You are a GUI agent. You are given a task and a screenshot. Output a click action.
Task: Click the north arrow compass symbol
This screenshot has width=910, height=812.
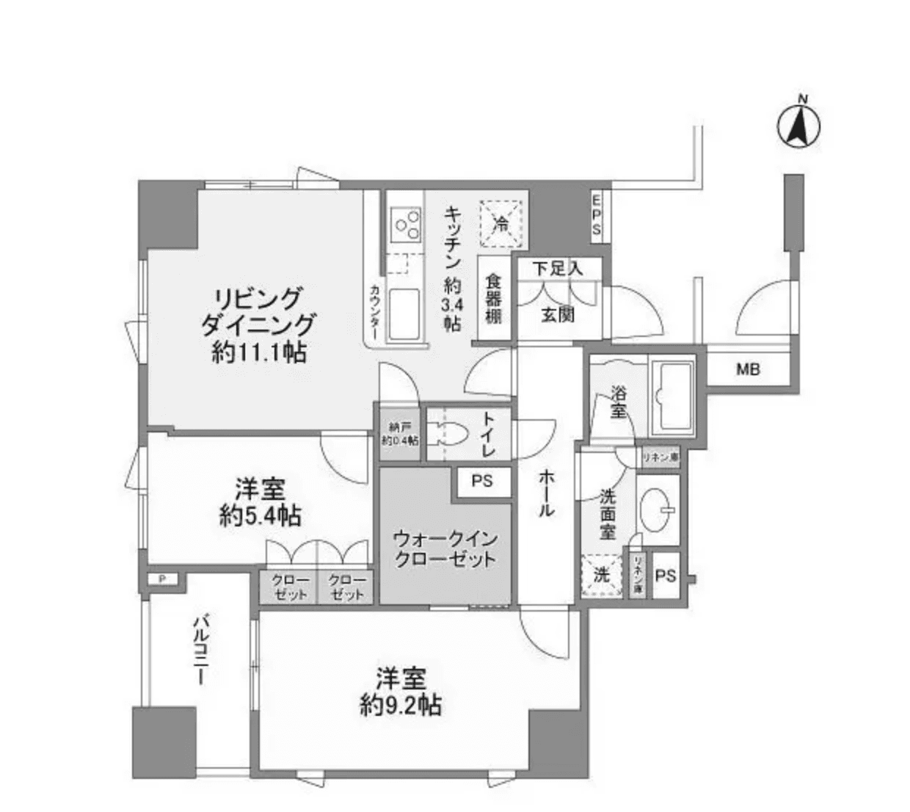click(799, 126)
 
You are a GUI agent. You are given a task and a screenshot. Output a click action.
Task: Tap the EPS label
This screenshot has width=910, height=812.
click(597, 214)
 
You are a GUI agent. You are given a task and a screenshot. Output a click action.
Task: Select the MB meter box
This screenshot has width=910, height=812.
click(748, 369)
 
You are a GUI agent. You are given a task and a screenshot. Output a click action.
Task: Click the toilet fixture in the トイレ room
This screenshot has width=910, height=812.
click(449, 434)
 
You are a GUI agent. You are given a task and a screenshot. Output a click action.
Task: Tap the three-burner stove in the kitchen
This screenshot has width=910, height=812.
click(406, 223)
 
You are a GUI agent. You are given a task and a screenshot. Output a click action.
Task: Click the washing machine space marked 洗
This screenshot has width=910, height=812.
click(602, 575)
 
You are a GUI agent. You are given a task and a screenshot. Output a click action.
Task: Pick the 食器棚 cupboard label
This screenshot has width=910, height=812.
click(492, 299)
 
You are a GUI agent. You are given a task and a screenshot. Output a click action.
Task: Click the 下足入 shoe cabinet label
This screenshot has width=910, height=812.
click(558, 268)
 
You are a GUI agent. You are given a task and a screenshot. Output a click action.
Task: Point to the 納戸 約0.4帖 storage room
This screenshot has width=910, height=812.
click(399, 434)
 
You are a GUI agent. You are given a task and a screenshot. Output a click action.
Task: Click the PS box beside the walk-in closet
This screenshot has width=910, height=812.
click(481, 482)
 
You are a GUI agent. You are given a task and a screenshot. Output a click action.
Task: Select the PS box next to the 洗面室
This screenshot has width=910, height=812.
click(665, 576)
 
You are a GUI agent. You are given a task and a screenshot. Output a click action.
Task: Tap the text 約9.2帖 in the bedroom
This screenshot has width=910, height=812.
click(401, 706)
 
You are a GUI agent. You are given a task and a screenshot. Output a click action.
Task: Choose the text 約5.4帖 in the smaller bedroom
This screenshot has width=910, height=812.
click(261, 515)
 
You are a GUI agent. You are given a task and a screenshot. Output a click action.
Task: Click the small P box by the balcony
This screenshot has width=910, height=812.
click(163, 579)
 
